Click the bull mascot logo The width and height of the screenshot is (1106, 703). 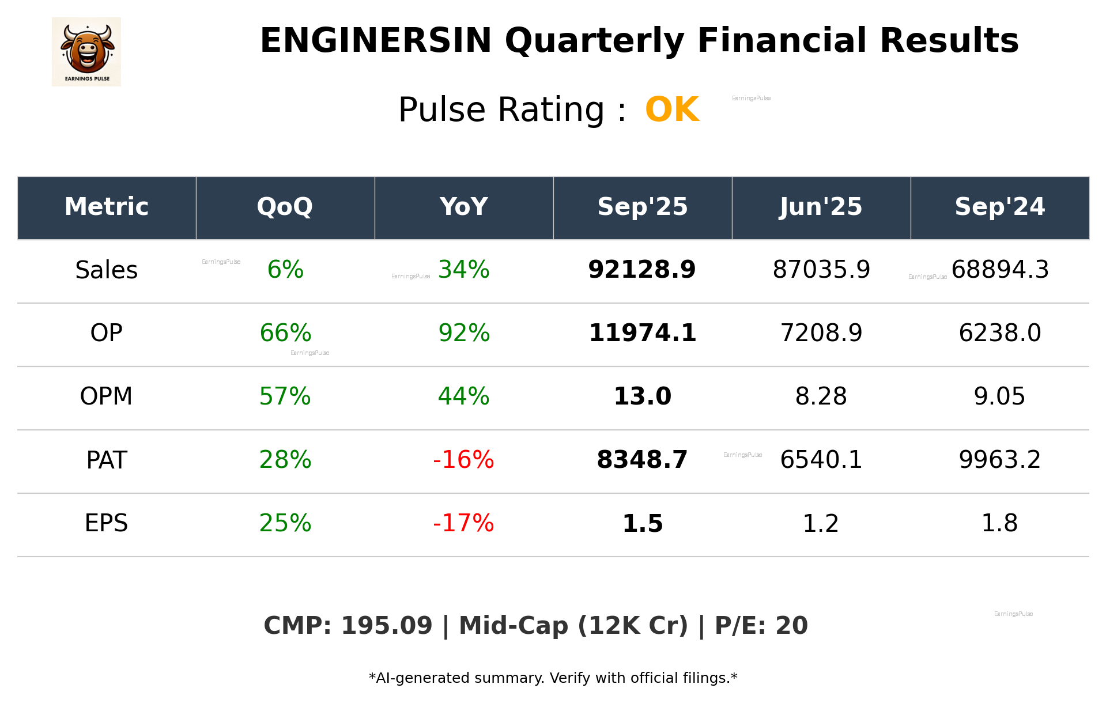pos(86,51)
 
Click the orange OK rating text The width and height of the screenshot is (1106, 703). pos(672,109)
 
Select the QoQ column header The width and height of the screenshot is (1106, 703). pos(285,207)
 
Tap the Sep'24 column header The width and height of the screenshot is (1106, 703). pos(999,207)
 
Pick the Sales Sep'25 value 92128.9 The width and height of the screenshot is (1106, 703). pos(641,270)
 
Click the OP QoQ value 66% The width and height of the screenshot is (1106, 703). pos(285,333)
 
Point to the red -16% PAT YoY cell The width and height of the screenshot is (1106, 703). pos(463,460)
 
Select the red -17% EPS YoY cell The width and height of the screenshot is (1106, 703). pos(463,523)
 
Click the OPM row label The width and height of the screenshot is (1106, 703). pos(106,396)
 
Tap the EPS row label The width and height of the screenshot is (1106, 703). pos(106,523)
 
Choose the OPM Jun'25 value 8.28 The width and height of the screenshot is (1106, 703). pos(821,396)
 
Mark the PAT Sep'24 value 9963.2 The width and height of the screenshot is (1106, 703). pos(999,460)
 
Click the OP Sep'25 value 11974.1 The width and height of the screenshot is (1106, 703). pos(642,333)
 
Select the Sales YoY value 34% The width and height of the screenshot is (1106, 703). pos(463,270)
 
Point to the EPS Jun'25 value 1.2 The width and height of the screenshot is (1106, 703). pos(821,523)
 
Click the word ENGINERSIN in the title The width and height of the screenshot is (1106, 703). pos(376,41)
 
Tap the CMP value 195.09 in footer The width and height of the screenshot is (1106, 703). pos(386,626)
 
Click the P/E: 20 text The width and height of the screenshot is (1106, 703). pos(761,626)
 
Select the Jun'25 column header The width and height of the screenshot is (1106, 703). pos(821,207)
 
